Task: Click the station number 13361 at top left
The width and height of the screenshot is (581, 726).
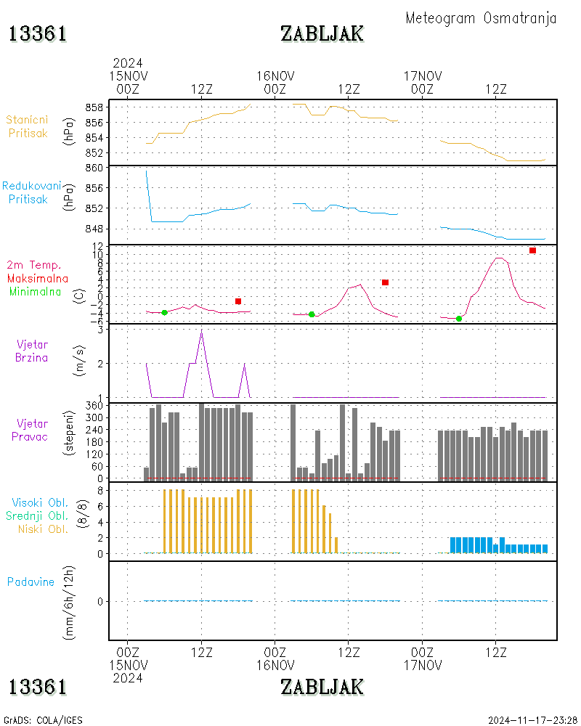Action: (x=38, y=34)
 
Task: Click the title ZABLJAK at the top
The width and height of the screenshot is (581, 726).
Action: (x=322, y=34)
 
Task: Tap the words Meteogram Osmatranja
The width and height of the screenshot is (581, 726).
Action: (x=481, y=18)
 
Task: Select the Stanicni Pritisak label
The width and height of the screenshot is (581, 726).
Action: (x=28, y=126)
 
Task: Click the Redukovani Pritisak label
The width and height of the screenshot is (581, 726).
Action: (x=31, y=192)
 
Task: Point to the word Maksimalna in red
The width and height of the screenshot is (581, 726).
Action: (x=38, y=278)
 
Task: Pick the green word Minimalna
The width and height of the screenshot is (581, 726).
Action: (x=35, y=292)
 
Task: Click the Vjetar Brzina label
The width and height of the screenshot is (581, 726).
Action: (x=31, y=351)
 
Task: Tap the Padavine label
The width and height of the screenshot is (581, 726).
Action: (x=31, y=582)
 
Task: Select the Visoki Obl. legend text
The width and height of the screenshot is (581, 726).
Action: (x=40, y=502)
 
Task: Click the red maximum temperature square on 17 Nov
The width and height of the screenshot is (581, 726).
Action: (x=532, y=250)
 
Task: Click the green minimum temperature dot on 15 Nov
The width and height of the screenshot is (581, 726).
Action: (x=164, y=312)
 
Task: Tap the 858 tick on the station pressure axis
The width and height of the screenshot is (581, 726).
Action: (x=94, y=107)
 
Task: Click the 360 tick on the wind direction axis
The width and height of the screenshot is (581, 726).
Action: (x=94, y=406)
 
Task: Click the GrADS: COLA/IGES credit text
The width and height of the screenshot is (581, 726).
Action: (x=43, y=720)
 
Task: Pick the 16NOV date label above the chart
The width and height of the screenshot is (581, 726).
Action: (x=275, y=76)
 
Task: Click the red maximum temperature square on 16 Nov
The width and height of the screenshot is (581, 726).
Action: (x=385, y=282)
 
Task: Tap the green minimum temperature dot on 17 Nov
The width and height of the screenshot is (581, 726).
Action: (x=459, y=319)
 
